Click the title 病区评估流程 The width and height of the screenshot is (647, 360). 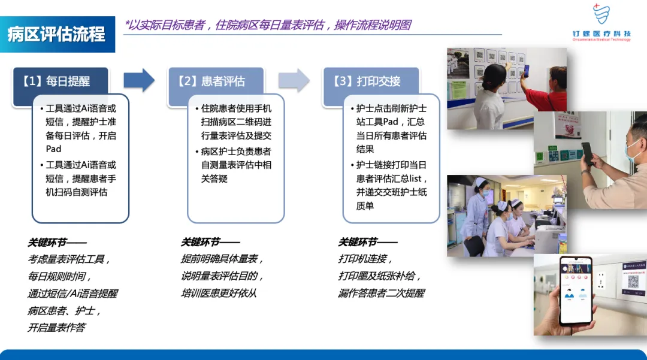point(56,34)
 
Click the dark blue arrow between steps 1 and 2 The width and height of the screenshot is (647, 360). point(139,80)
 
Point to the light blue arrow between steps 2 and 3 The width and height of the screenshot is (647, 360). point(294,80)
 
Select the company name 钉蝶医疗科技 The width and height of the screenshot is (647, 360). point(601,34)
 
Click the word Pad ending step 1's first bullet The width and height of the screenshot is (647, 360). point(54,149)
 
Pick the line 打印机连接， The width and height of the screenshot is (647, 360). point(366,259)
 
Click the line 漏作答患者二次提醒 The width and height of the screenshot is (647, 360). point(381,294)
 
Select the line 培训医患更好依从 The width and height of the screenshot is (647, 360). point(219,294)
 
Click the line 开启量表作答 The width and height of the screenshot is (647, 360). point(56,328)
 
